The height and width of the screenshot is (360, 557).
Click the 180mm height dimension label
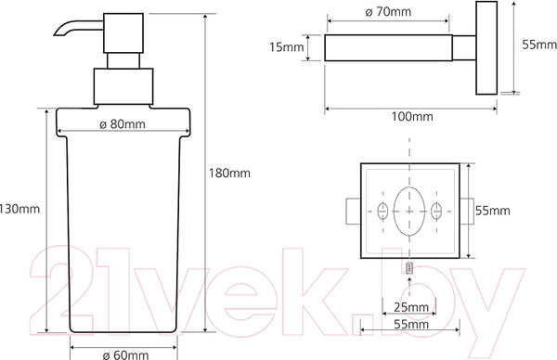click(x=229, y=174)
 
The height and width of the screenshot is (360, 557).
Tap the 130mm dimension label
click(x=19, y=209)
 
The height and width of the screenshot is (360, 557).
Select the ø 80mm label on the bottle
click(x=123, y=124)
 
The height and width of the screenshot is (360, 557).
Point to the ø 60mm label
click(x=125, y=355)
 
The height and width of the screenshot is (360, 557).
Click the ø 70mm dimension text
click(x=388, y=12)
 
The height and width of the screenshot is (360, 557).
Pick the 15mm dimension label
click(x=286, y=47)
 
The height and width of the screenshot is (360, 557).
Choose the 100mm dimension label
click(x=412, y=117)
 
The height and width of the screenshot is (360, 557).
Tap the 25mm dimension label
click(x=411, y=307)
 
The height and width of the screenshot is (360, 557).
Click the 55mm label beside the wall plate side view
click(x=539, y=45)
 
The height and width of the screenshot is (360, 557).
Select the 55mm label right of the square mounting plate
click(x=493, y=211)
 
